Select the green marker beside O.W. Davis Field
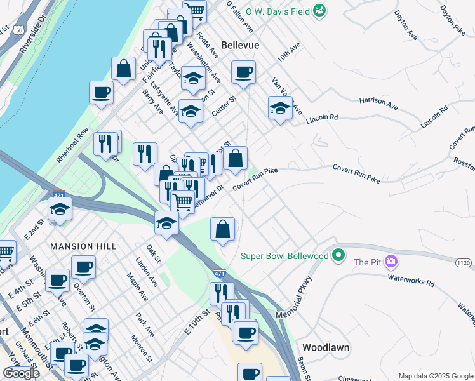coord(319,11)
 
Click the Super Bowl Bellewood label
coord(284,256)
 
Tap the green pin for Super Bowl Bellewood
coord(339,255)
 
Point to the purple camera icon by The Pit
coord(392,262)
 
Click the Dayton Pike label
coord(453,19)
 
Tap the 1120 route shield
coord(465,262)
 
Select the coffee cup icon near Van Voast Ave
coord(243,73)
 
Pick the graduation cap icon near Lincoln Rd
coord(280,109)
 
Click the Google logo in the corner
coord(21,373)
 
